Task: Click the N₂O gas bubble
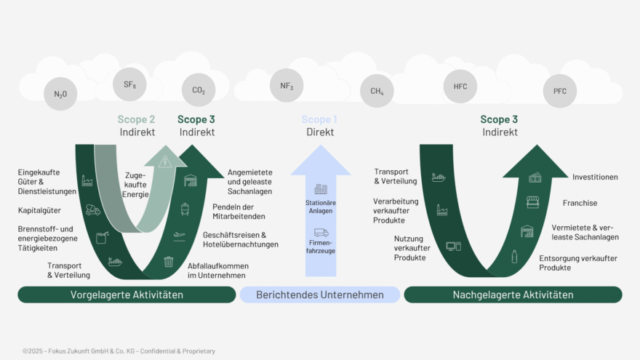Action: [60, 94]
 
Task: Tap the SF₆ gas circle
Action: [130, 85]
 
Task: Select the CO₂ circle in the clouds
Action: [199, 91]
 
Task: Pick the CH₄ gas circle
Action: [377, 91]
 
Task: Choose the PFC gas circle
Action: [559, 91]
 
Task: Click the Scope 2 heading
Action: [137, 119]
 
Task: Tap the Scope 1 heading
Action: [320, 119]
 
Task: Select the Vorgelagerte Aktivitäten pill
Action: [127, 295]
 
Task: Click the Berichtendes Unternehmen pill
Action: [320, 295]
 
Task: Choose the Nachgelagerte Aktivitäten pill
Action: [513, 295]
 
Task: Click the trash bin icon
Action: [169, 261]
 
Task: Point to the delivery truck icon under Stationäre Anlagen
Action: [321, 233]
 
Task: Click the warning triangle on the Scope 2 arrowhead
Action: [165, 162]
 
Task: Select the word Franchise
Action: [580, 204]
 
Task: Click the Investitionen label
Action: [595, 177]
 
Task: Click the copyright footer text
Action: [119, 351]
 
